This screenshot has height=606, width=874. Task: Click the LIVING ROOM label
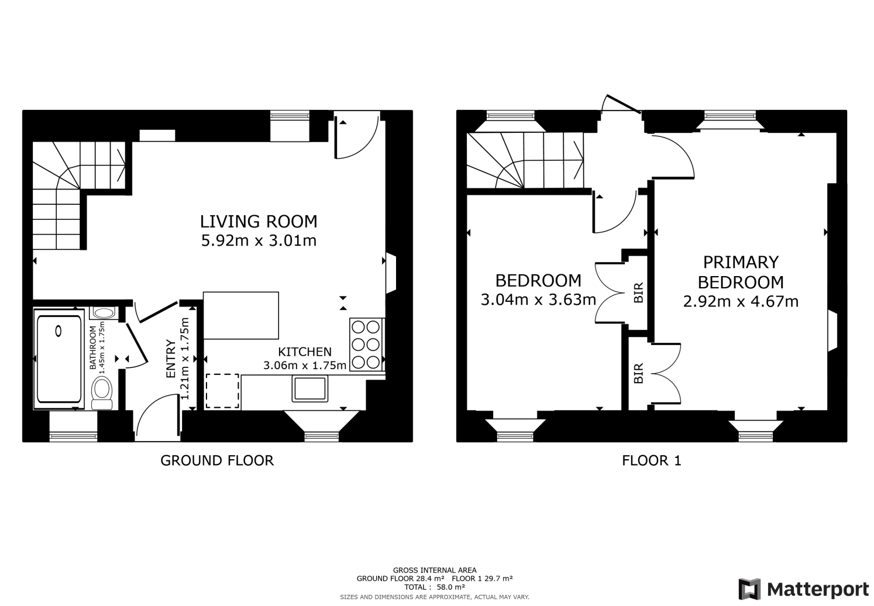(259, 222)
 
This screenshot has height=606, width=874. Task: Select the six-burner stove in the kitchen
(366, 345)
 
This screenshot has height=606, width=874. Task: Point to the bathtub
(59, 361)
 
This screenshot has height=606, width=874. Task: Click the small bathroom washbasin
(104, 313)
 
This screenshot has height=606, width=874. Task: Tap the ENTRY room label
(171, 359)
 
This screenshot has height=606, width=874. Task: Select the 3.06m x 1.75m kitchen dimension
(305, 366)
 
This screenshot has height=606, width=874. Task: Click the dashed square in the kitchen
(222, 390)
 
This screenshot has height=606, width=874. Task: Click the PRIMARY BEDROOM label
(741, 272)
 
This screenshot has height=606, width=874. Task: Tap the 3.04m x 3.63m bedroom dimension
(538, 300)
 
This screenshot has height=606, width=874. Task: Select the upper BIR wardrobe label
(639, 292)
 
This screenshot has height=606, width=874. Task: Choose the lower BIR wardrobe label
(638, 373)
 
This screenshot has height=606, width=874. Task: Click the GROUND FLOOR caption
(217, 460)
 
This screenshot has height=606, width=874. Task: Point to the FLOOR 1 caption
(651, 460)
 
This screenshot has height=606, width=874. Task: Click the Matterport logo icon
(749, 588)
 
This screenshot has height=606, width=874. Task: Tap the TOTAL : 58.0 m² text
(434, 587)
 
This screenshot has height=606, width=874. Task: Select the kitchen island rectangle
(240, 315)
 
